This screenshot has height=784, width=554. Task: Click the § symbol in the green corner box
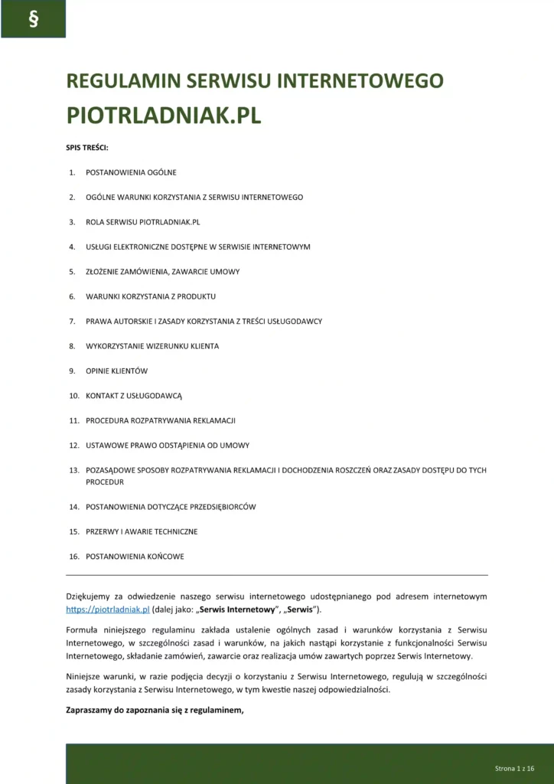tap(33, 20)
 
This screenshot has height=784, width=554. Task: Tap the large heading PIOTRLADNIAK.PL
tap(164, 115)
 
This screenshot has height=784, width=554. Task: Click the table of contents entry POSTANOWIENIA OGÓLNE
tap(131, 172)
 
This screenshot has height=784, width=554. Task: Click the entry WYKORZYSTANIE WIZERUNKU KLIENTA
tap(152, 346)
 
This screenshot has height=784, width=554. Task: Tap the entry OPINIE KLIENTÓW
tap(116, 371)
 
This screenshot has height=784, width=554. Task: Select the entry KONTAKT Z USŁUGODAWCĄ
tap(134, 396)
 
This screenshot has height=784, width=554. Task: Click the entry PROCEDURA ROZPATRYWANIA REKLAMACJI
tap(161, 420)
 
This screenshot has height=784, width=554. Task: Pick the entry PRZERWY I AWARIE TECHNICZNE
tap(142, 531)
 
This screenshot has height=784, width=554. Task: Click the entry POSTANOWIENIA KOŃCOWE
tap(135, 557)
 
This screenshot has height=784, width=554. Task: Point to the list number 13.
tap(74, 470)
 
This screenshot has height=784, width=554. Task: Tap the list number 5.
tap(72, 272)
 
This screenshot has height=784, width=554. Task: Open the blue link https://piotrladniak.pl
tap(107, 609)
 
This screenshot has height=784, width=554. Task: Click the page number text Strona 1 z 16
tap(513, 767)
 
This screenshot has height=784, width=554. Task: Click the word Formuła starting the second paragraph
tap(83, 629)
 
